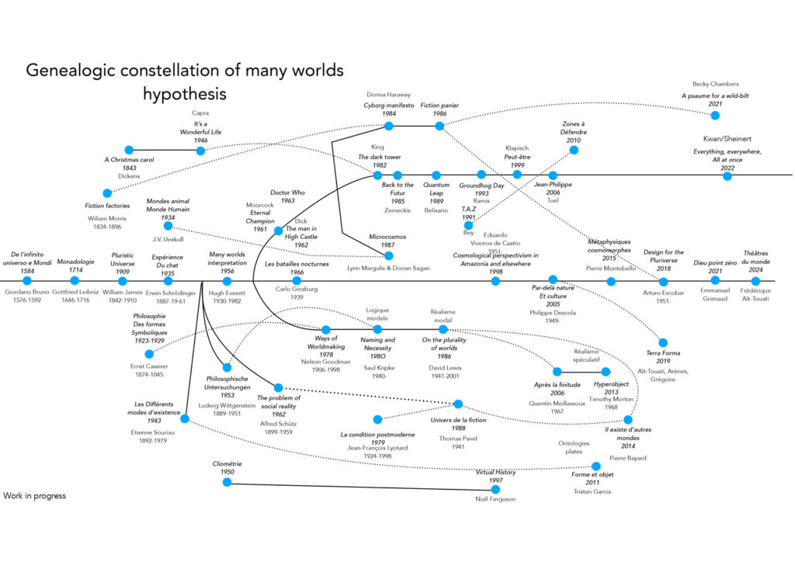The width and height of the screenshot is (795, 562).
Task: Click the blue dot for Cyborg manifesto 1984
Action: click(x=389, y=126)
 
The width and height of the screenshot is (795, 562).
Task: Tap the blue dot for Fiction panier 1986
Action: click(x=439, y=126)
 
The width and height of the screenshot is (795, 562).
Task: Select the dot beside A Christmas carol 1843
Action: click(x=130, y=150)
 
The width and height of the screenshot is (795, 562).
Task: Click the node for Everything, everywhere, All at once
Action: click(x=727, y=176)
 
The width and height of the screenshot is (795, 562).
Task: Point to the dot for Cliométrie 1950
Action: click(x=227, y=482)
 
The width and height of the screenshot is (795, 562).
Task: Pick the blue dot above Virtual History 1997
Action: click(x=496, y=489)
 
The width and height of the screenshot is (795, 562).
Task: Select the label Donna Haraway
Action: click(x=388, y=95)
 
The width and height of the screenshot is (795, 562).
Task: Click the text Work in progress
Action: click(x=35, y=495)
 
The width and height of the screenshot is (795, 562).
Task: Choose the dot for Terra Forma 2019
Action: click(x=662, y=342)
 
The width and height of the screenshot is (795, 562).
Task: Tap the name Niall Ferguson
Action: click(x=495, y=498)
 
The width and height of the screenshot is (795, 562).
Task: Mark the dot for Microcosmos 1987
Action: click(x=389, y=255)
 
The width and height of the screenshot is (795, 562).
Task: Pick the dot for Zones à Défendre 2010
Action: click(x=574, y=151)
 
